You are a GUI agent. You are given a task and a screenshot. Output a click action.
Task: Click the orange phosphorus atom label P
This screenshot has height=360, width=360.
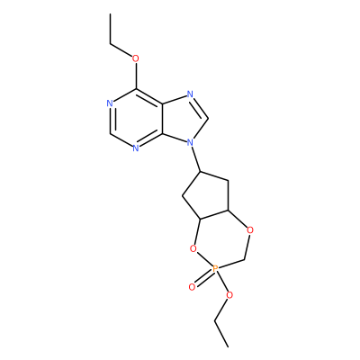tap(214, 268)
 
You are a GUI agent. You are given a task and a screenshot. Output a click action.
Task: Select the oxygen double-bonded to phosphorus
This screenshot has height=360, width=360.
tap(192, 287)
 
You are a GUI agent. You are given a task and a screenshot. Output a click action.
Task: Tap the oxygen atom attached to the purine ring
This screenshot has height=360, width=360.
tap(136, 58)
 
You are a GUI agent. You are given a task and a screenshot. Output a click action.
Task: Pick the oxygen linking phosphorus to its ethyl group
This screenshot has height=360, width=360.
tap(229, 295)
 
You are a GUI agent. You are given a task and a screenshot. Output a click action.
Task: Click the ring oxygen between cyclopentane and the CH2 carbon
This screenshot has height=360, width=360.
tap(250, 230)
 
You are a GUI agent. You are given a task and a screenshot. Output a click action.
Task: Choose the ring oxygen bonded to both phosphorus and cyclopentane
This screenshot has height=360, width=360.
tap(193, 248)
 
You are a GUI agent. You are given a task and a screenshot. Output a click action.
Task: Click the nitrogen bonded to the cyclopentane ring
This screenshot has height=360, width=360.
tap(190, 142)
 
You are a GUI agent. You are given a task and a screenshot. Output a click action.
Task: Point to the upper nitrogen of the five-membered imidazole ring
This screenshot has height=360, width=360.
tap(190, 94)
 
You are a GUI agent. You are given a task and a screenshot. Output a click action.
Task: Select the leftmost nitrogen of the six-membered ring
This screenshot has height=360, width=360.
tap(110, 103)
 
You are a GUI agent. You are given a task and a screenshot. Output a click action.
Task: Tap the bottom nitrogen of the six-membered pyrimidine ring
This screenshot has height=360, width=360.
tap(136, 148)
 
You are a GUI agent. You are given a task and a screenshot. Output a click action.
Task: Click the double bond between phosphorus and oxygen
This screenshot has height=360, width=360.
tap(203, 278)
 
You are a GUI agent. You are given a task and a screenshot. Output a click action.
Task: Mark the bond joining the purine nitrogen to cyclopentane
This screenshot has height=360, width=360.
tap(196, 159)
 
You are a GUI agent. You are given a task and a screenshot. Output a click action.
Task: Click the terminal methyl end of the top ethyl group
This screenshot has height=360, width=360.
tap(110, 13)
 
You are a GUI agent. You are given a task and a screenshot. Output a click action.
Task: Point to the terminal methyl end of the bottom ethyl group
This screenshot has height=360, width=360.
tap(228, 347)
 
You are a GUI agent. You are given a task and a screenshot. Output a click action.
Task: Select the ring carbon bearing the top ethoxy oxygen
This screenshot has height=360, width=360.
tap(136, 89)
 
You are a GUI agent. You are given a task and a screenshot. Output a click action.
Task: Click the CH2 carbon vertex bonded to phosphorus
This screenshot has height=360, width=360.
tap(246, 259)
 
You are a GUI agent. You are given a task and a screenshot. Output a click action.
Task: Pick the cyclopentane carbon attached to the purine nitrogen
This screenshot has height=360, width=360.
tap(202, 172)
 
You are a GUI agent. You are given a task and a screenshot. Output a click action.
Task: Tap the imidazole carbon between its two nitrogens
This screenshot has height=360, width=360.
tap(208, 119)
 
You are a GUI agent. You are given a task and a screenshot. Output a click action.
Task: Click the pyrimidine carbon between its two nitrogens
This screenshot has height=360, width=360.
tap(110, 133)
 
